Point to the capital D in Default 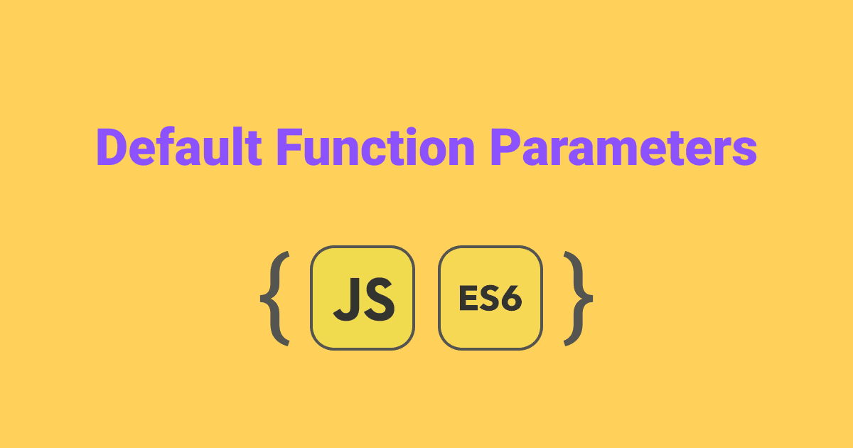point(110,148)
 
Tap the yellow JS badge point(363,298)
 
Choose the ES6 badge point(490,298)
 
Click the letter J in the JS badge point(347,299)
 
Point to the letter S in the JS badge point(378,299)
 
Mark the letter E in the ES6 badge point(467,299)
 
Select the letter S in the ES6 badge point(489,299)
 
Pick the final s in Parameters point(744,152)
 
